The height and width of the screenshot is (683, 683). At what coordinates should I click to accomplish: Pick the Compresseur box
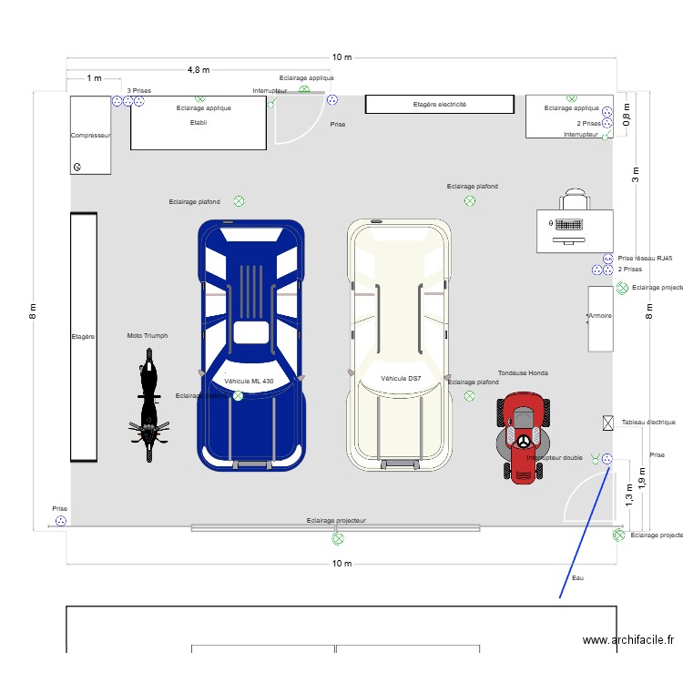point(91,135)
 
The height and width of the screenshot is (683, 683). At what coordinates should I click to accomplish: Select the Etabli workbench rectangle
point(198,123)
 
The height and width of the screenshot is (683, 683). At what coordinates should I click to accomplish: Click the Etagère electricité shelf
point(440,105)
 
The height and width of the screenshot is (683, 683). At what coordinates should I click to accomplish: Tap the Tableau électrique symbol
point(608,423)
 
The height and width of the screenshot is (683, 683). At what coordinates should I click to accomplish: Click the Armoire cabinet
point(600,319)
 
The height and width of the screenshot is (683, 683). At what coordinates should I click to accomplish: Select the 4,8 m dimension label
point(199,70)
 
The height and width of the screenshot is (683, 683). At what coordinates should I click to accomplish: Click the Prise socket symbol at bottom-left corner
point(60,521)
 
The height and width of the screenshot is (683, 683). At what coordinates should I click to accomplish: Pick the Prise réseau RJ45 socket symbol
point(607,259)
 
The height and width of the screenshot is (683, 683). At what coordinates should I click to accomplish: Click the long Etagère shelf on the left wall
point(84,337)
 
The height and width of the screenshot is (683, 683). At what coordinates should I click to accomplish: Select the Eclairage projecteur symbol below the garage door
point(337,538)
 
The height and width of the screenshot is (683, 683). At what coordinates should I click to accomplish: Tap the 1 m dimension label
point(94,79)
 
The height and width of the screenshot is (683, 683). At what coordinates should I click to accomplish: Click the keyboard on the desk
point(569,224)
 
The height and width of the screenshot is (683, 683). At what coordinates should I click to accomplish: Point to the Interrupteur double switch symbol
point(596,458)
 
